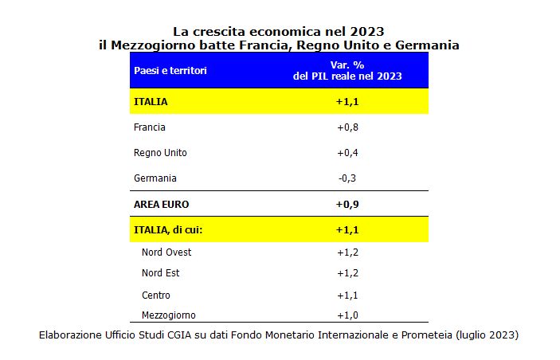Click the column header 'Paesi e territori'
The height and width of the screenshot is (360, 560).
coord(170,71)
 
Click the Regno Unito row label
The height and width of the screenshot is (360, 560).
coord(160,152)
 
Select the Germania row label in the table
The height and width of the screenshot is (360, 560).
coord(155,178)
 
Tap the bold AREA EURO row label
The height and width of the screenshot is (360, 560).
coord(162,204)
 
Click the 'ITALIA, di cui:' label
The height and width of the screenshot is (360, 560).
coord(168,230)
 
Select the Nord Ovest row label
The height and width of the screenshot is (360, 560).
coord(166,252)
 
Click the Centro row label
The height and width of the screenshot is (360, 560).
coord(156,295)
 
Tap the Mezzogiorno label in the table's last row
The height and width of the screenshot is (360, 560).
coord(169,315)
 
